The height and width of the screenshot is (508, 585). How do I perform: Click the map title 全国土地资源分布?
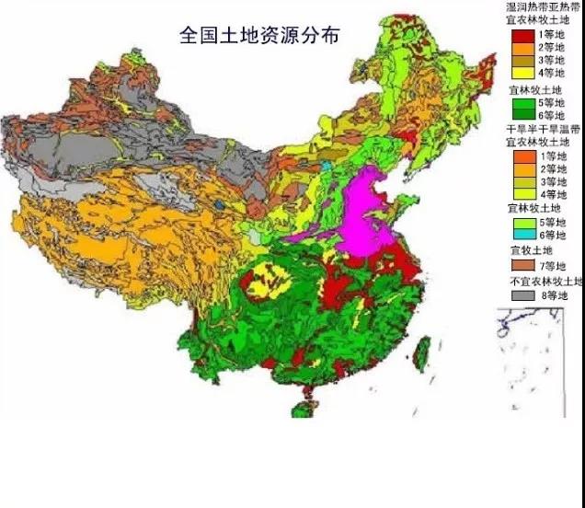tap(259, 36)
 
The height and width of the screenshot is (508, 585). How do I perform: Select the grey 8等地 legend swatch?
tap(523, 295)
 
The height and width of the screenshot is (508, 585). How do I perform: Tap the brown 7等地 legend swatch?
tap(523, 266)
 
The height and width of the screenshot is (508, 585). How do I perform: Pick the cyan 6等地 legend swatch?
tap(523, 235)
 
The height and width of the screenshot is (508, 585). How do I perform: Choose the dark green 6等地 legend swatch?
tap(523, 115)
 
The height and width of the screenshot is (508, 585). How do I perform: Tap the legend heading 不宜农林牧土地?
tap(546, 281)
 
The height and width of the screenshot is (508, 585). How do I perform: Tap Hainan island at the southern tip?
tap(299, 405)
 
